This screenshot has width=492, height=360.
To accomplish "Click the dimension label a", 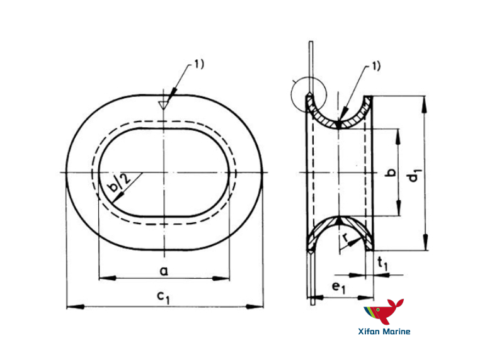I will [164, 271].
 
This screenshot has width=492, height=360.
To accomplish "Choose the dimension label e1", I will [340, 288].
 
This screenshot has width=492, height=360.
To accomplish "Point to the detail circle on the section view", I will [308, 94].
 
